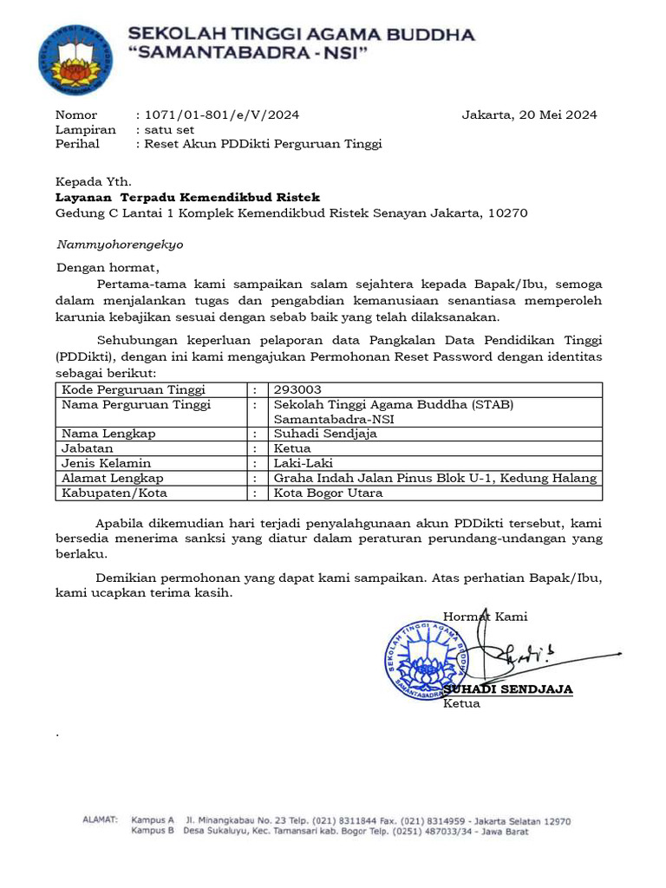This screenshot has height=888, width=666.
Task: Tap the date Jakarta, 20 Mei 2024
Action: click(x=529, y=114)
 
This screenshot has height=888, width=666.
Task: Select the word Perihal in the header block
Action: click(x=77, y=144)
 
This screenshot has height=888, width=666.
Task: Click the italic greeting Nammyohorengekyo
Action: click(x=120, y=245)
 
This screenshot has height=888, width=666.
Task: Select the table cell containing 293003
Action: click(x=297, y=390)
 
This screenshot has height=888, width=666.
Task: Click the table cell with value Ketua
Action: click(x=292, y=448)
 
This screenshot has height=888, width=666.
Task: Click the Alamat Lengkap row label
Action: click(x=112, y=478)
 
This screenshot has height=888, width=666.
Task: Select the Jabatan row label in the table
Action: click(x=88, y=448)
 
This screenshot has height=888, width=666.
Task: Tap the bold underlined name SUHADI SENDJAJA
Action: click(x=508, y=689)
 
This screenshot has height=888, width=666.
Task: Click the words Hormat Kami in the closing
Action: click(x=486, y=617)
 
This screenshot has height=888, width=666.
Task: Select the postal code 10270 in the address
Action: click(x=507, y=213)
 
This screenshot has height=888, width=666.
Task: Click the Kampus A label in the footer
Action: click(x=153, y=819)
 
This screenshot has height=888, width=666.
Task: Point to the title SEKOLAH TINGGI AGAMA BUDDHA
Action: click(x=302, y=35)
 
